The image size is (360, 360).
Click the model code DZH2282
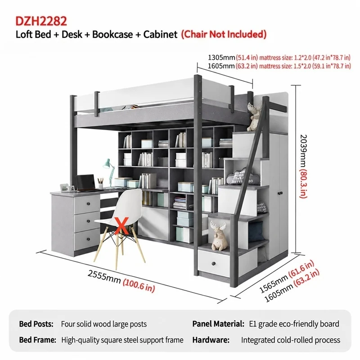click(x=41, y=21)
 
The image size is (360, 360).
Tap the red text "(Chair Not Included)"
click(x=224, y=34)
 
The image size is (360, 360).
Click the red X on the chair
click(x=121, y=226)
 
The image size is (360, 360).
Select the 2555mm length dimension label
click(x=104, y=277)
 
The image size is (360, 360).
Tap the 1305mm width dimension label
click(x=221, y=57)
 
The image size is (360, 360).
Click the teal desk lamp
click(x=109, y=171)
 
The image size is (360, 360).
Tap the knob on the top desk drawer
click(x=88, y=204)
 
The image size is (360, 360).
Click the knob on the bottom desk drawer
click(x=89, y=239)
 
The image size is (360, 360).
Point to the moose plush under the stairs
click(x=219, y=235)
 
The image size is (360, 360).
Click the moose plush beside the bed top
click(x=254, y=117)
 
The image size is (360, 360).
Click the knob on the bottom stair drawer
click(x=214, y=263)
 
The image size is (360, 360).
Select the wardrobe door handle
click(x=280, y=193)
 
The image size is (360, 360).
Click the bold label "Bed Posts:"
click(x=36, y=324)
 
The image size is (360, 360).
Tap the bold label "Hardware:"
click(x=211, y=340)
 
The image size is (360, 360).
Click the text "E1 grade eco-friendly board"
click(x=294, y=324)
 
